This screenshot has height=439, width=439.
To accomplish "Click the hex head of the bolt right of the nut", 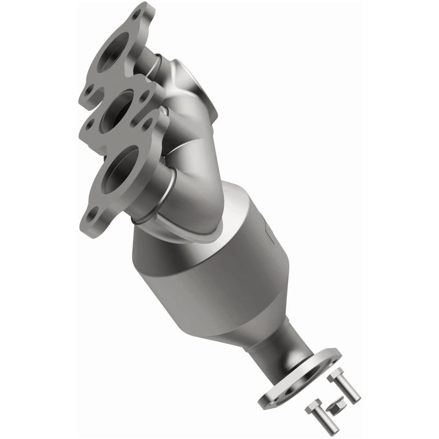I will (x=335, y=377).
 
